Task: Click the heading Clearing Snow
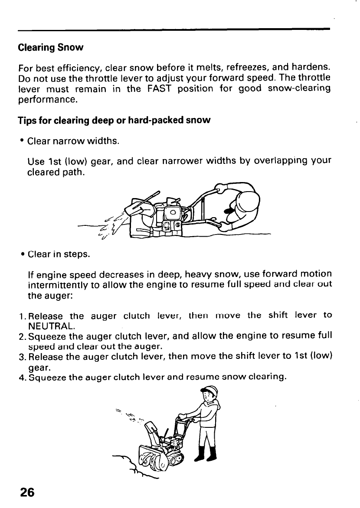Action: (50, 47)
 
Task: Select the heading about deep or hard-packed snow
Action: (114, 120)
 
